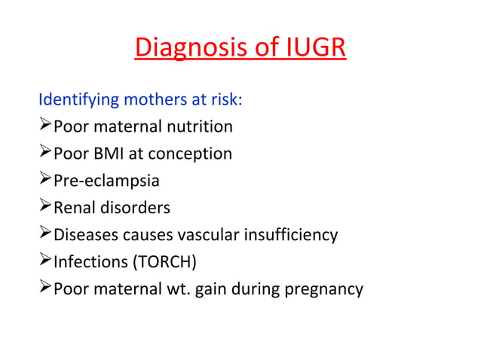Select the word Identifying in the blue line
75,99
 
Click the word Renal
74,207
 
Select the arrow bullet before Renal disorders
45,207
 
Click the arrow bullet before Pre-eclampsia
45,181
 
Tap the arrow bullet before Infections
45,261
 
